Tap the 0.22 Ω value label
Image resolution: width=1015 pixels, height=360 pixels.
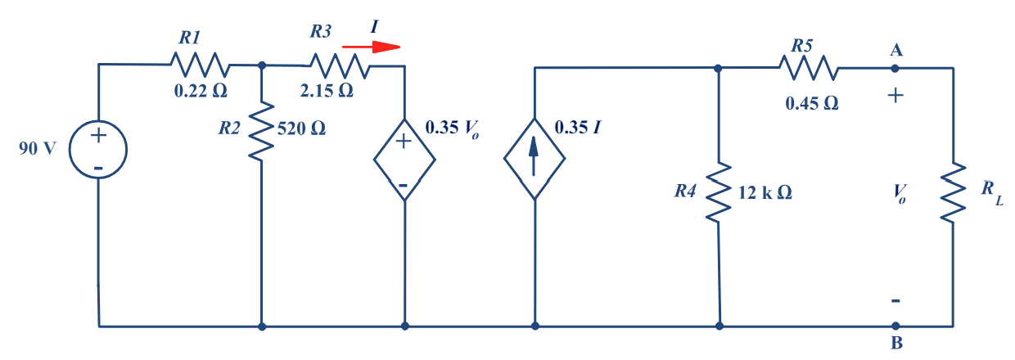point(201,92)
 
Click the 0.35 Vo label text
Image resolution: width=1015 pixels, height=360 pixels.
point(452,129)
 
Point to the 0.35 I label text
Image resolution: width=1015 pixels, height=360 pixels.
point(579,128)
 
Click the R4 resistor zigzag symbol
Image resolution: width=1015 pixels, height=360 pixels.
point(718,191)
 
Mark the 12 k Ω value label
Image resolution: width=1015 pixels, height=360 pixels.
point(765,193)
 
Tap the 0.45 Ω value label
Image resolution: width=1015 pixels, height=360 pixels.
point(811,104)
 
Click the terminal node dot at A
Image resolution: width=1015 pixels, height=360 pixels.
point(896,68)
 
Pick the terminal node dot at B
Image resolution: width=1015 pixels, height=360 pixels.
point(896,326)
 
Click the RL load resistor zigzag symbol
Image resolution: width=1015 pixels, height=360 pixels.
point(953,192)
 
